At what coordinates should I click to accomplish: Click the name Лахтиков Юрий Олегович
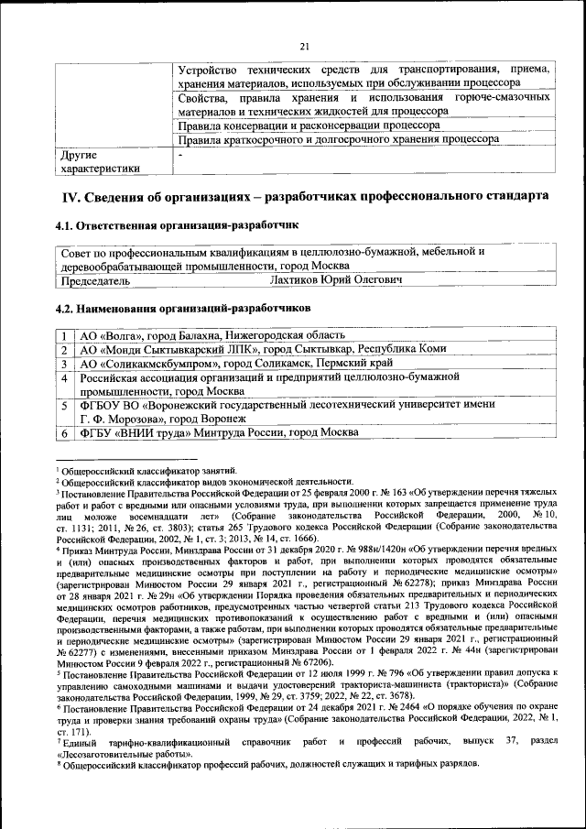pyautogui.click(x=336, y=280)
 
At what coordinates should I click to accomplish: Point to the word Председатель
pyautogui.click(x=95, y=280)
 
